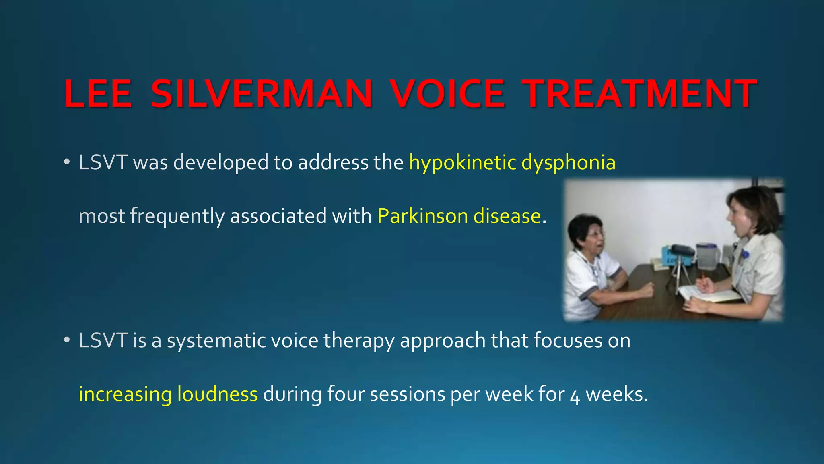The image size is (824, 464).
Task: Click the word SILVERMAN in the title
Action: pos(262,94)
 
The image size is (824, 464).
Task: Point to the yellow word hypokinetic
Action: pos(462,163)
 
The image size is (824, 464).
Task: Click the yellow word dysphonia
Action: pos(568,163)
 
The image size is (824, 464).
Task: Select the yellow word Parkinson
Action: pos(422,216)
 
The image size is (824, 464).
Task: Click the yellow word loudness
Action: pos(217,394)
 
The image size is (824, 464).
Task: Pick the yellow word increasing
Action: pos(125,394)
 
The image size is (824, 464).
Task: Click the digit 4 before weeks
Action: pos(575,396)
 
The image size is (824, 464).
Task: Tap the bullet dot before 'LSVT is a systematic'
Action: pos(67,341)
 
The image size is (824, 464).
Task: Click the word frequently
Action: pos(177,216)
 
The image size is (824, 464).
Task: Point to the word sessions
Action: pos(407,394)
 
